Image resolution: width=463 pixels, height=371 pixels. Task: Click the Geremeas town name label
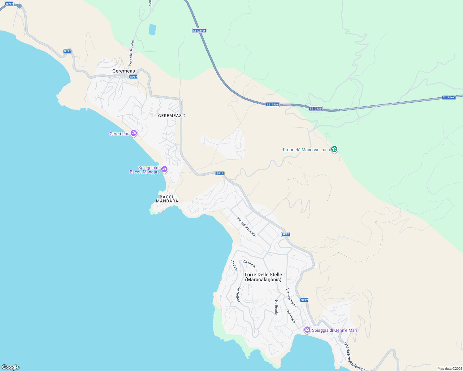coord(123,71)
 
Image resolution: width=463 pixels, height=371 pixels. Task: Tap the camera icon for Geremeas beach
coord(134,133)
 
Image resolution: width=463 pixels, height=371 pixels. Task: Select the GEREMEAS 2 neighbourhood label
coord(172,116)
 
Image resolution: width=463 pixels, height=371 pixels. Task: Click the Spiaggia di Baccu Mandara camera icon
coord(164,169)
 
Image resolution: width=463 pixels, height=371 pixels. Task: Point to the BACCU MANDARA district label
coord(167,199)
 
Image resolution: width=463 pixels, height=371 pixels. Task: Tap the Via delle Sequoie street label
coord(132,53)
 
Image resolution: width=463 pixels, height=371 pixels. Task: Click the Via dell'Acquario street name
coord(247,227)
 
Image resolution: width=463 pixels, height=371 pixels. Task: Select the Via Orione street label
coord(249,264)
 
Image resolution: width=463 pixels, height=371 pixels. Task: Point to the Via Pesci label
coord(235,266)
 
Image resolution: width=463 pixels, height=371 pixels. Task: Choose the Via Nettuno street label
coord(239,295)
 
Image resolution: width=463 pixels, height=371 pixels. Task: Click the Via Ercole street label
coord(276,307)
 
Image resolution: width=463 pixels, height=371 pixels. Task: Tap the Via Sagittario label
coord(291,297)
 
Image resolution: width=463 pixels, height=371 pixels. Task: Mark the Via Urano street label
coord(291,316)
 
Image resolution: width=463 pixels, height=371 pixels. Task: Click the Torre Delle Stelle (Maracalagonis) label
coord(263,277)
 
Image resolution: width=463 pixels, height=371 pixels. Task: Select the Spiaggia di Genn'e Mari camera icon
coord(307,330)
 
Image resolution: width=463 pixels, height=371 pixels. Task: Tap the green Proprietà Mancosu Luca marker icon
coord(334,150)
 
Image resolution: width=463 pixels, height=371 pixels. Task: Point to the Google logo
coord(11,367)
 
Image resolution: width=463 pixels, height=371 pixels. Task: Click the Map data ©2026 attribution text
coord(449,369)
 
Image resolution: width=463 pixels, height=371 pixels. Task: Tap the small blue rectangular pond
coord(152,30)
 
